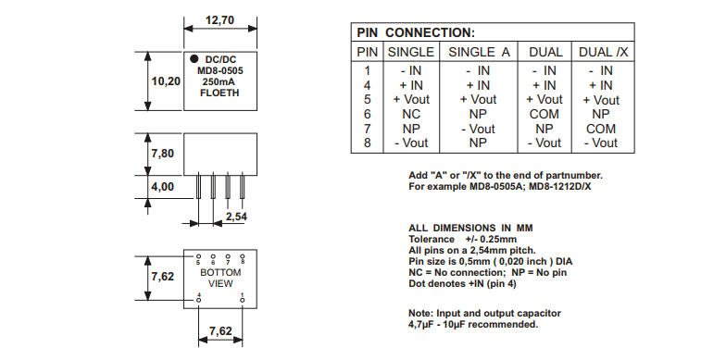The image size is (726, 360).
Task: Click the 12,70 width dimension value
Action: pos(220,20)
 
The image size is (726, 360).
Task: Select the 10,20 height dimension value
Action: pos(166,81)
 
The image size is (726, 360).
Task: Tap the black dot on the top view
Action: pos(194,59)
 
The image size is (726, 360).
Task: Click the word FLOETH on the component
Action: pos(219,93)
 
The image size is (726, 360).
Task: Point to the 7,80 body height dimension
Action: pos(163,154)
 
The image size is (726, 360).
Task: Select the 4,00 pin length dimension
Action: pos(163,187)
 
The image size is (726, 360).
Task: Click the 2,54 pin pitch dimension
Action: pos(237,217)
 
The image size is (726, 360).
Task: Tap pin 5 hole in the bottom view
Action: pos(198,255)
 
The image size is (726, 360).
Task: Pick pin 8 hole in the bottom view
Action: pos(243,255)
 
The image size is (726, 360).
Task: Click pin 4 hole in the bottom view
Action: pos(198,300)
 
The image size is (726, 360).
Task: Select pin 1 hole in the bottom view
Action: pos(243,300)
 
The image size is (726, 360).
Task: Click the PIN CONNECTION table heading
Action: pos(416,33)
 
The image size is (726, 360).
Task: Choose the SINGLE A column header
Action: pos(479,52)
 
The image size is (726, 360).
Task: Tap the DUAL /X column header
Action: pos(604,52)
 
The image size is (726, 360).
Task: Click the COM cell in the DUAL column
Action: pos(544,114)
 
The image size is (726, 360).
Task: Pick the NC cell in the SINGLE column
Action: pos(411,114)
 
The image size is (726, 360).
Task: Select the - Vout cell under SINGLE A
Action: pos(478,129)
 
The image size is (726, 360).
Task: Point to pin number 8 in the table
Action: pos(367,143)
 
